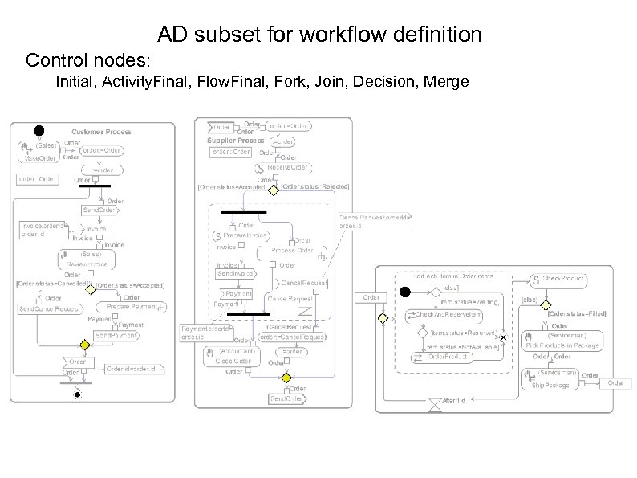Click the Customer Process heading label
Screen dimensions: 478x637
coord(101,131)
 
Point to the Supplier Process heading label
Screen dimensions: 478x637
coord(236,141)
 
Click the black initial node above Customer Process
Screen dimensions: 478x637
coord(38,131)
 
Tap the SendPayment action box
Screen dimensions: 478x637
coord(116,334)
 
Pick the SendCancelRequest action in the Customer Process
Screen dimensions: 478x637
coord(48,308)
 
